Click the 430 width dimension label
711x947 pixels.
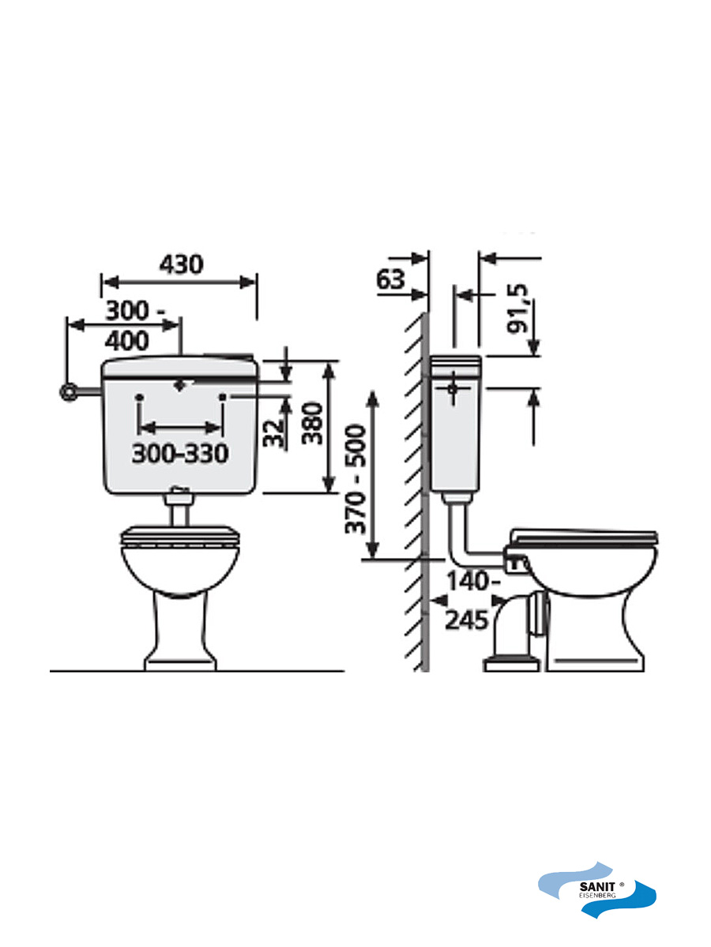pos(182,264)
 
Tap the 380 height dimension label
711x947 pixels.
pos(312,424)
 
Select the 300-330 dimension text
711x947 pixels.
pos(180,454)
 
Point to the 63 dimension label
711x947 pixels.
pos(391,279)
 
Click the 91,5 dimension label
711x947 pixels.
pos(517,308)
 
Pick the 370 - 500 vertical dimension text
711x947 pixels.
pos(355,479)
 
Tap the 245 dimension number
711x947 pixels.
pos(466,620)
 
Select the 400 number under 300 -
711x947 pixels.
pos(127,341)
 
